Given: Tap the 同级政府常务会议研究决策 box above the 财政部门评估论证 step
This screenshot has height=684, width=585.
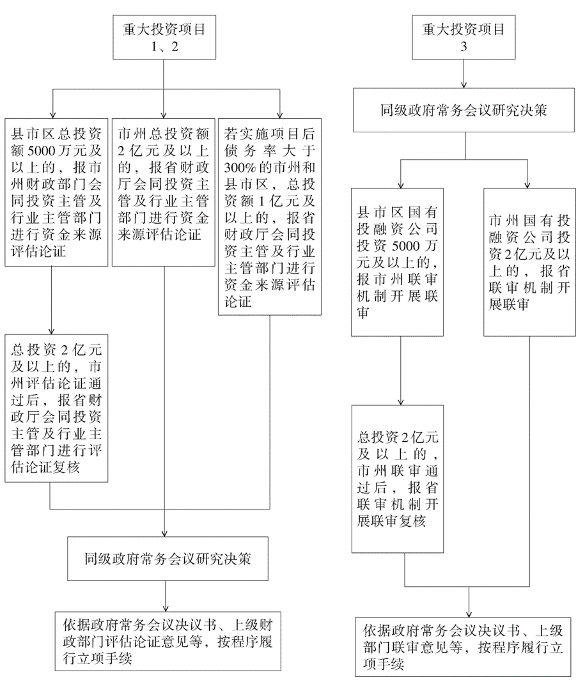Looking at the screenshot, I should click(166, 557).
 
